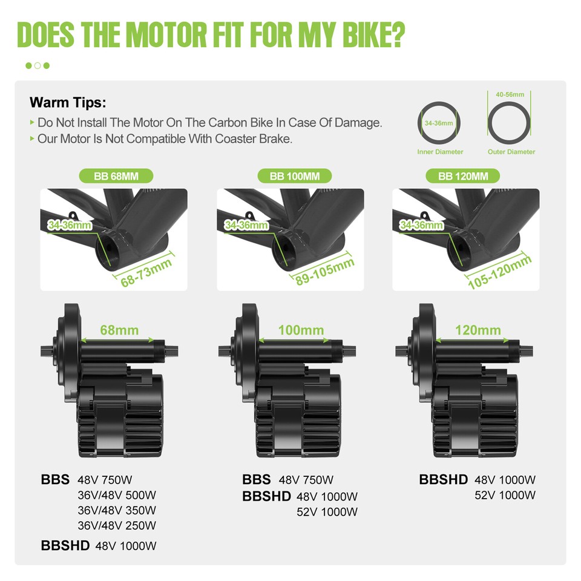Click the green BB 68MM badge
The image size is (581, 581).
(x=116, y=176)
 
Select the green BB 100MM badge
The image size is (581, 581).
(x=295, y=176)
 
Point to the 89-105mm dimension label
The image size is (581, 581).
(x=324, y=272)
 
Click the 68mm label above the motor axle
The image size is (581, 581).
(x=119, y=330)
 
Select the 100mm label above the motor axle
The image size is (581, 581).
(x=301, y=330)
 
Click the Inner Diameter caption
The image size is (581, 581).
(x=440, y=152)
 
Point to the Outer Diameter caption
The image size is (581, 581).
(x=511, y=152)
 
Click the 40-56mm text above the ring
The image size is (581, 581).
(x=510, y=95)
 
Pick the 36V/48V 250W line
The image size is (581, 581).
(x=117, y=525)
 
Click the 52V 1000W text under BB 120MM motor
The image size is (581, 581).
(x=505, y=495)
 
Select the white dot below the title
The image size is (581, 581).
(x=38, y=65)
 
